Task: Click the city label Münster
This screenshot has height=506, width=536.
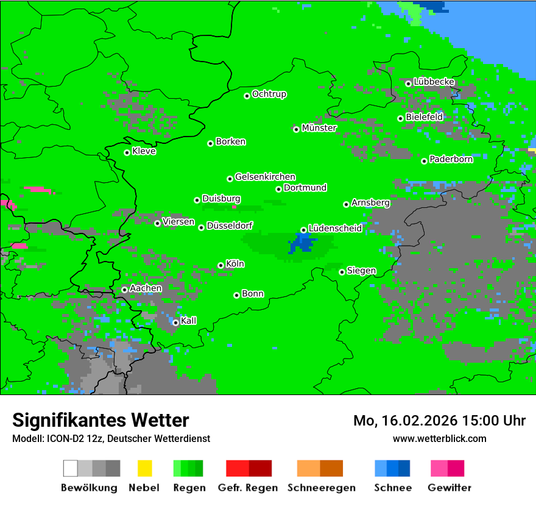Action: tap(319, 128)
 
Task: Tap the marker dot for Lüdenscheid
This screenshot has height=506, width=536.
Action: tap(303, 230)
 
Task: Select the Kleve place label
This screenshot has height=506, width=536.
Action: tap(144, 151)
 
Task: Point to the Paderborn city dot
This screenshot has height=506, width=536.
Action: tap(424, 161)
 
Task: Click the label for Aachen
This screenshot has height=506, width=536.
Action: tap(146, 288)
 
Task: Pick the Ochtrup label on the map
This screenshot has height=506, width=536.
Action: tap(269, 94)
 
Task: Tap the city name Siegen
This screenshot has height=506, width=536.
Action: tap(361, 271)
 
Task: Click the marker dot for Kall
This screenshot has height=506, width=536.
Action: tap(175, 322)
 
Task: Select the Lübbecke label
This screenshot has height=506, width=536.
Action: tap(434, 81)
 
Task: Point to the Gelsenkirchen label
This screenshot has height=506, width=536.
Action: tap(265, 177)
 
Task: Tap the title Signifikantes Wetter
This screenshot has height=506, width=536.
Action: tap(100, 420)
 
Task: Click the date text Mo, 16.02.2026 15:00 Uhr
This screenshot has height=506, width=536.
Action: tap(439, 421)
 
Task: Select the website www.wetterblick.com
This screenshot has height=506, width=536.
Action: tap(439, 438)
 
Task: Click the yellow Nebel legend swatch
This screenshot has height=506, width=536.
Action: tap(144, 468)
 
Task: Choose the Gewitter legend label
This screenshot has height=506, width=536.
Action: tap(449, 488)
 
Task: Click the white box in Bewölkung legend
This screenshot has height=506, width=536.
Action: tap(71, 468)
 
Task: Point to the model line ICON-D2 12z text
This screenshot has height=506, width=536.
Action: tap(111, 438)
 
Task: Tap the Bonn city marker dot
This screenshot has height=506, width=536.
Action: tap(236, 295)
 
